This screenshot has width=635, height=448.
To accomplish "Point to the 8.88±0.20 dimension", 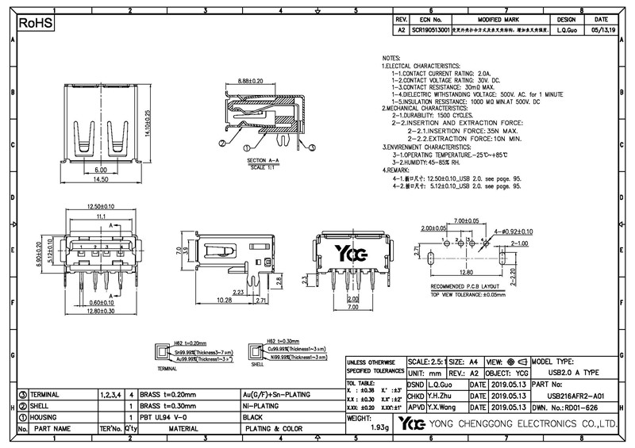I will [256, 81].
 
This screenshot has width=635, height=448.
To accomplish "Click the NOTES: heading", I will [392, 59].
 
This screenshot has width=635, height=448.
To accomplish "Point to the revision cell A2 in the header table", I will [401, 29].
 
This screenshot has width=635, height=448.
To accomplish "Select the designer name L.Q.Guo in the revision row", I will [566, 29].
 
